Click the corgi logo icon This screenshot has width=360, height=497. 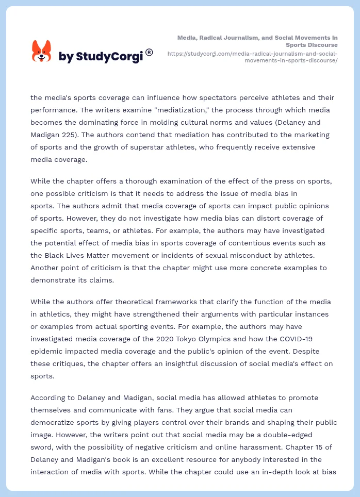[42, 52]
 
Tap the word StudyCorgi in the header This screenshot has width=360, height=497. [109, 57]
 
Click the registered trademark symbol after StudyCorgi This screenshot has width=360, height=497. [149, 52]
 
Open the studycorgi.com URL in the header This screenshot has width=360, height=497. [253, 57]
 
